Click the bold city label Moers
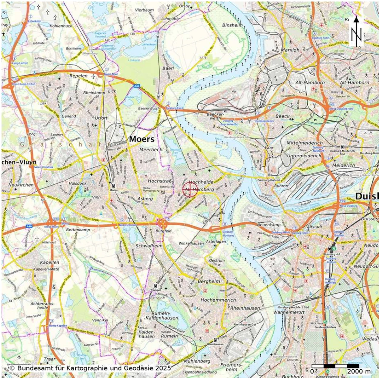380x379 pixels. (x=142, y=139)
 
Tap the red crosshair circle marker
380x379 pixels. (x=190, y=189)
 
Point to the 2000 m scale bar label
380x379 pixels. (x=359, y=371)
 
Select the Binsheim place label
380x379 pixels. (x=232, y=25)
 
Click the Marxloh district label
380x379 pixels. (x=290, y=50)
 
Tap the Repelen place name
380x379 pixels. (x=78, y=76)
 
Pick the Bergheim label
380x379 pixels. (x=209, y=281)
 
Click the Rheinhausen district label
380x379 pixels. (x=245, y=308)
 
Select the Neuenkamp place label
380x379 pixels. (x=269, y=225)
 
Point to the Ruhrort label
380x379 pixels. (x=282, y=186)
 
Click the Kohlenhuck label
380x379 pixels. (x=61, y=26)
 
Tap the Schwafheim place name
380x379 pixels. (x=149, y=246)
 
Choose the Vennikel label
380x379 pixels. (x=100, y=320)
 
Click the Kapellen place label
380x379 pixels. (x=50, y=263)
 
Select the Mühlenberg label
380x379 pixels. (x=197, y=361)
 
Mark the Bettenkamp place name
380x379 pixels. (x=78, y=230)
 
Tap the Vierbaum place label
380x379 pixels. (x=144, y=10)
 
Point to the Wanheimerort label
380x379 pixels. (x=289, y=312)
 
